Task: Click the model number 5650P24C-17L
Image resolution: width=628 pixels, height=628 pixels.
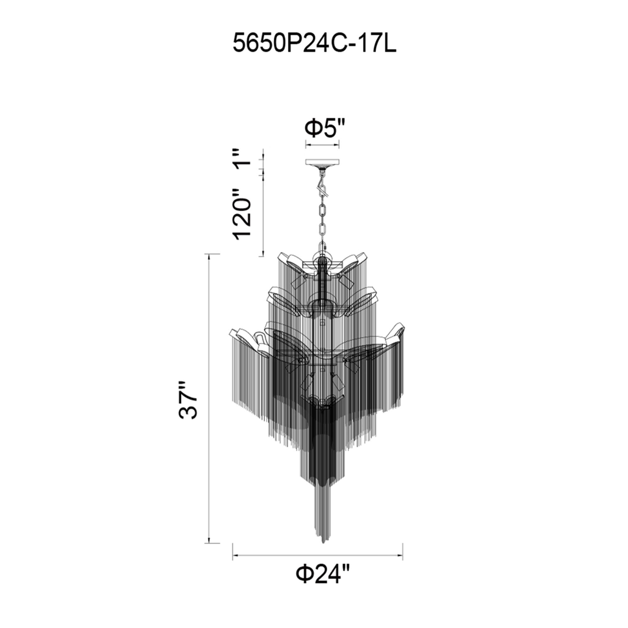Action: point(314,45)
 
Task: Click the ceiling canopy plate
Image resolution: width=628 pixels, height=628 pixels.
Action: point(322,162)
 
